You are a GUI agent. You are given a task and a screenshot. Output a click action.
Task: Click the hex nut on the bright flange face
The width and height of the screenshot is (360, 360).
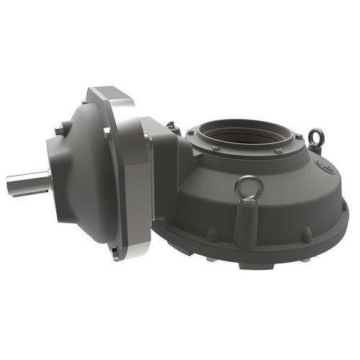[107, 132]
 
